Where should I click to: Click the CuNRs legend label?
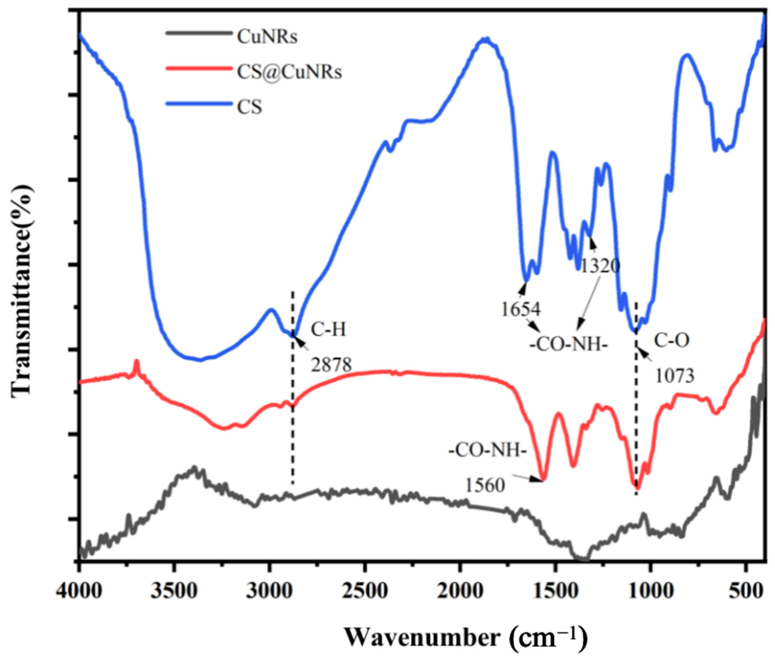pyautogui.click(x=267, y=37)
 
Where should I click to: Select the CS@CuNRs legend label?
pyautogui.click(x=289, y=72)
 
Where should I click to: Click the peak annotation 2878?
pyautogui.click(x=331, y=364)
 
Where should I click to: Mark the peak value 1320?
pyautogui.click(x=600, y=266)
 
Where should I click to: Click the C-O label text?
pyautogui.click(x=671, y=340)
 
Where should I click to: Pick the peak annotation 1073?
pyautogui.click(x=675, y=376)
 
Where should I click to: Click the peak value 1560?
pyautogui.click(x=485, y=485)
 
